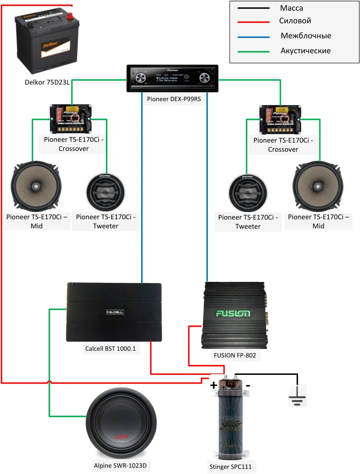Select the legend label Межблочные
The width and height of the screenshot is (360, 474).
[306, 36]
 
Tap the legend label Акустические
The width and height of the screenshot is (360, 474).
[306, 51]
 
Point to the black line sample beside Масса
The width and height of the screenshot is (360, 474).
[253, 8]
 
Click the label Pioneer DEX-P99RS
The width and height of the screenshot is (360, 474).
[174, 99]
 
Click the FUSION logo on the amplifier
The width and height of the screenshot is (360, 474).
[233, 314]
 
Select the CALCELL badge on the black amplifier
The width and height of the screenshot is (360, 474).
[114, 312]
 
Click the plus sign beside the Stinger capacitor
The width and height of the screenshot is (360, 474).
[214, 385]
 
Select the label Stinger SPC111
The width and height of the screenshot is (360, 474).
[230, 466]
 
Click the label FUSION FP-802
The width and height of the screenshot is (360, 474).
[235, 355]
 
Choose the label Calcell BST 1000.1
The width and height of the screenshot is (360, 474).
[112, 349]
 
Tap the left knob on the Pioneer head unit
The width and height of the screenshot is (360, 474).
[141, 78]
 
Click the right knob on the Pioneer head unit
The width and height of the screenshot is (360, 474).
[204, 78]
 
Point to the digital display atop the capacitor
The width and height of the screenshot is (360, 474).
[232, 384]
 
